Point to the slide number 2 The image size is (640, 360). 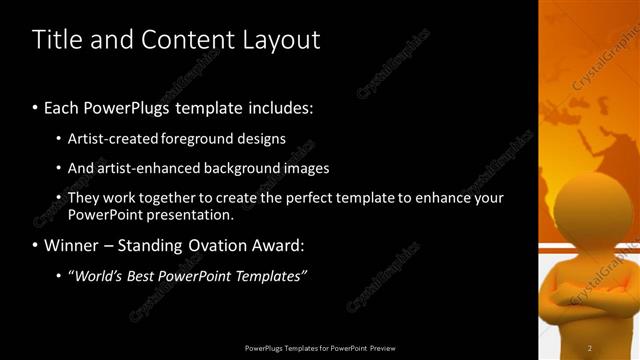[590, 347]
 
